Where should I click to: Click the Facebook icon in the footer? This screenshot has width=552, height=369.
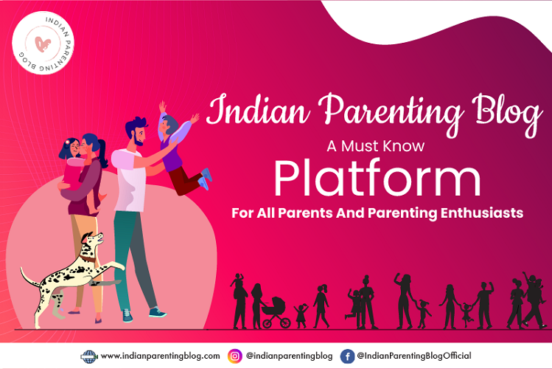click(346, 356)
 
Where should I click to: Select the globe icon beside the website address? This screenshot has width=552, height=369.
click(88, 356)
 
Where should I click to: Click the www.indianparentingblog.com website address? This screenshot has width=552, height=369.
click(160, 356)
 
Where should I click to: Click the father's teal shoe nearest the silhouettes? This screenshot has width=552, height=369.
click(158, 312)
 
